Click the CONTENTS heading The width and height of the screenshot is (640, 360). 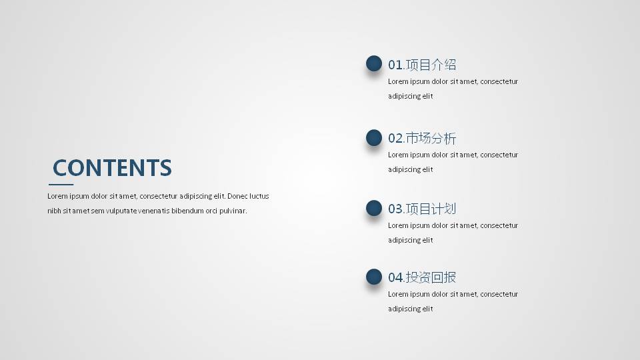point(112,167)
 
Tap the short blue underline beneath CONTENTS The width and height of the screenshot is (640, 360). point(61,184)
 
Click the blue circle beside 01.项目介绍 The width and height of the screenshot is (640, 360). point(374,64)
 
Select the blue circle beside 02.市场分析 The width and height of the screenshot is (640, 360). point(374,138)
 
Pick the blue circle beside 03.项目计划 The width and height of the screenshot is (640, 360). point(374,208)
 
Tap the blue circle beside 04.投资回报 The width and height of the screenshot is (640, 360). point(374,277)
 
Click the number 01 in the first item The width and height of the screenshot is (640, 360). point(395,65)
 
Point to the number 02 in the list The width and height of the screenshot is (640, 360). point(395,139)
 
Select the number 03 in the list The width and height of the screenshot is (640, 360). point(395,209)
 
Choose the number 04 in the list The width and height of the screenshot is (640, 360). point(395,277)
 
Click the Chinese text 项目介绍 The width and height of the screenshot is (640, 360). point(431,65)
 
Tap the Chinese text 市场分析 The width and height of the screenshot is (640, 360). point(431,139)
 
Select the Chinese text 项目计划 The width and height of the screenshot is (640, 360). point(431,209)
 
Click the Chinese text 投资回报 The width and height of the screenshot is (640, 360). point(431,277)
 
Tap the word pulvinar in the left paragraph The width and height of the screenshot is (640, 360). point(233,211)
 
